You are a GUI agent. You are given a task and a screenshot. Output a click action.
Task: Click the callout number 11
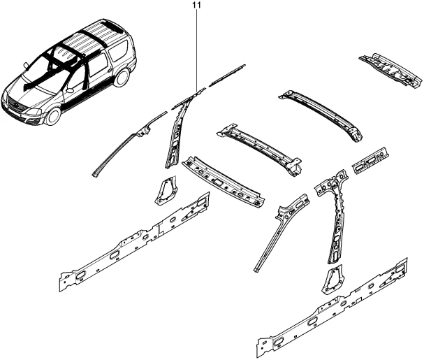tap(197, 5)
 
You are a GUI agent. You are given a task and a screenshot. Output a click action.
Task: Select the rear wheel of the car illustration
tap(122, 78)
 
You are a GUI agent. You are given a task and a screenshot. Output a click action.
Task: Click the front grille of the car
tap(15, 106)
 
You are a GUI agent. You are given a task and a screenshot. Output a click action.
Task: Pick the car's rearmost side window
tap(117, 50)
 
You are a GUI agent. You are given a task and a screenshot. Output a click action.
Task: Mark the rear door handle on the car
tap(110, 71)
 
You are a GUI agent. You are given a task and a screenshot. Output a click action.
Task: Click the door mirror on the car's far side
tap(26, 65)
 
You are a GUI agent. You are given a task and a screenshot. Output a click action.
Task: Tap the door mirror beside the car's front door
tap(70, 90)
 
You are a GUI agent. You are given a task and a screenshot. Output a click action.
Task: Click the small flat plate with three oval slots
tap(370, 161)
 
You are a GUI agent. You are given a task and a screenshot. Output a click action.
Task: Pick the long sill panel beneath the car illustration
tap(134, 242)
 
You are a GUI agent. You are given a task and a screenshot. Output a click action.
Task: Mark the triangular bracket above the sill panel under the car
tap(166, 191)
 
